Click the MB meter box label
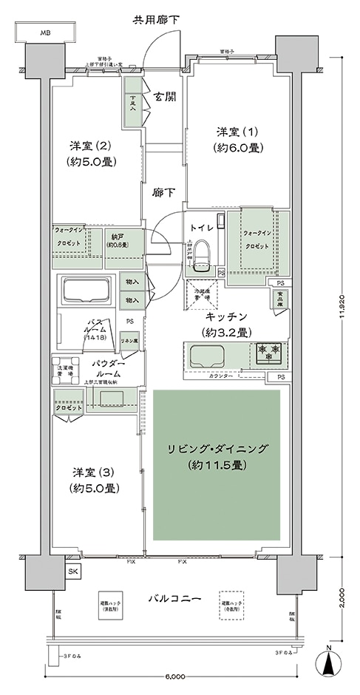pos(46,33)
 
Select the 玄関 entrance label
pos(165,97)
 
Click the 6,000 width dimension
pos(176,677)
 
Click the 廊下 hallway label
pos(164,193)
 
